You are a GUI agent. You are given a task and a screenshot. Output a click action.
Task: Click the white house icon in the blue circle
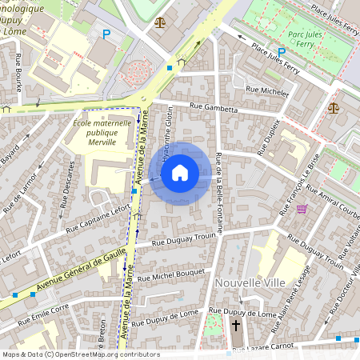(x=180, y=173)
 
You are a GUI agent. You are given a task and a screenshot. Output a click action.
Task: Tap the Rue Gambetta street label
(x=214, y=106)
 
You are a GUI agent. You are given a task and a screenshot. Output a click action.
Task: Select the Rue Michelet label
(x=267, y=92)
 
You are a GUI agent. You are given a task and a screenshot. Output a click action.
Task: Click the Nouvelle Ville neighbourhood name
(x=249, y=282)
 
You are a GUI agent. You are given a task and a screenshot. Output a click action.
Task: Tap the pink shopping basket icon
(x=302, y=209)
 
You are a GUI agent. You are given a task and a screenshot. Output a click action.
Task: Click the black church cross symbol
(x=236, y=326)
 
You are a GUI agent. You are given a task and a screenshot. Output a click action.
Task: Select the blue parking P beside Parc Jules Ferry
(x=282, y=52)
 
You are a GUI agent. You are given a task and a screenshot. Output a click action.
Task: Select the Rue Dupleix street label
(x=269, y=137)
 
